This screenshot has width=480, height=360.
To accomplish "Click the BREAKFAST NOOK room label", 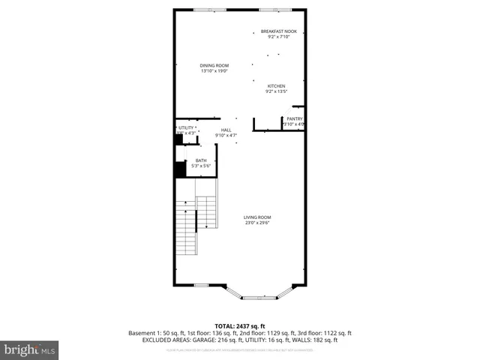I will point(279,31).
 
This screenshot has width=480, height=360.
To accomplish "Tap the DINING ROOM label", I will point(214,65).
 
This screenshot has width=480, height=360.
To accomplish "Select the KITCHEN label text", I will point(277,86).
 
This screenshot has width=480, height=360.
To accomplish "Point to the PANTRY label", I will point(294,118).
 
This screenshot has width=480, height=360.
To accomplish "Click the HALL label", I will point(226,130).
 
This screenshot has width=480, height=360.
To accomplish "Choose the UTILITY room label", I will point(186,127).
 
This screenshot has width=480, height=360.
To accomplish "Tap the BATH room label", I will point(201,160).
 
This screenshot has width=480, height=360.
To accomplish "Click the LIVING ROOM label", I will point(256,217).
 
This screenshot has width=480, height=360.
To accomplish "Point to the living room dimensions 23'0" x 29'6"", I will point(256,223).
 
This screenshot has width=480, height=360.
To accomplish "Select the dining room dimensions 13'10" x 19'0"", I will point(214,70).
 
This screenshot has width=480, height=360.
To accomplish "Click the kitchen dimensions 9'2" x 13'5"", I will point(277,91).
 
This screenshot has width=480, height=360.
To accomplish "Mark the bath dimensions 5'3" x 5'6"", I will point(201,165).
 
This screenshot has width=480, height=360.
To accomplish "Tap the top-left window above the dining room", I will point(202,10).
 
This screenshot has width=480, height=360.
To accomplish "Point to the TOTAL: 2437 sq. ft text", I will point(240,325).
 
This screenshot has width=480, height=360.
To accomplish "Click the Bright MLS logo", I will point(30,349).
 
